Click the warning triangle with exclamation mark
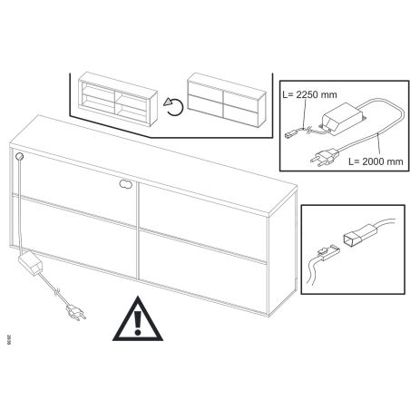point(138,320)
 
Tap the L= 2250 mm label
point(309,94)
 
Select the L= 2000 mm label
point(376,161)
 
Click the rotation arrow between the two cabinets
point(173,107)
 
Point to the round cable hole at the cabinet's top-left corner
point(19,156)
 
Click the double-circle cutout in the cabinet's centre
point(126,183)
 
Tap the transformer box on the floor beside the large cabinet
point(31,263)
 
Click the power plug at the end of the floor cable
point(76,312)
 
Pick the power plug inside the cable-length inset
point(323,157)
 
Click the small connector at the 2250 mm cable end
point(290,134)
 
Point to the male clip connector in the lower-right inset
point(328,253)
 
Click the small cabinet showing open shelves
point(118,99)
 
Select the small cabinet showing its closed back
point(226,100)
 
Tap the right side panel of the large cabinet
point(283,253)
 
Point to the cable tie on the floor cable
point(57,293)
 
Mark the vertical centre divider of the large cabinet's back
point(138,230)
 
